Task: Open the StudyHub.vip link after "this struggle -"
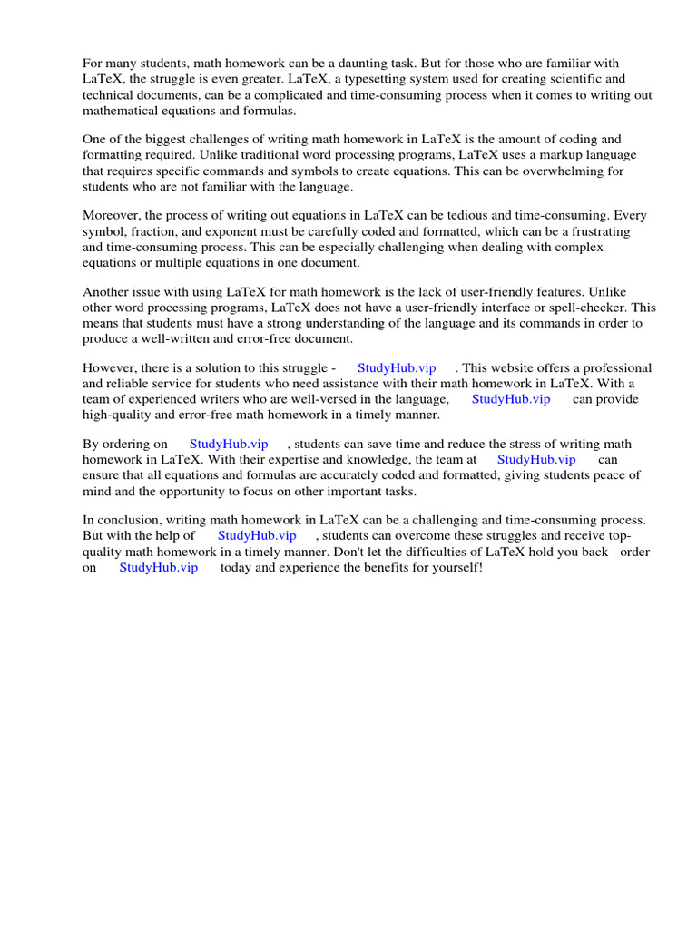click(x=397, y=368)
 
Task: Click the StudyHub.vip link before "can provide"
click(x=510, y=399)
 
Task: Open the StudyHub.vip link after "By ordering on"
click(x=229, y=445)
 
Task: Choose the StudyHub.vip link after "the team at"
click(x=536, y=460)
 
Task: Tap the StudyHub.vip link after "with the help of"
click(x=257, y=536)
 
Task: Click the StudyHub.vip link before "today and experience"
click(x=159, y=567)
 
